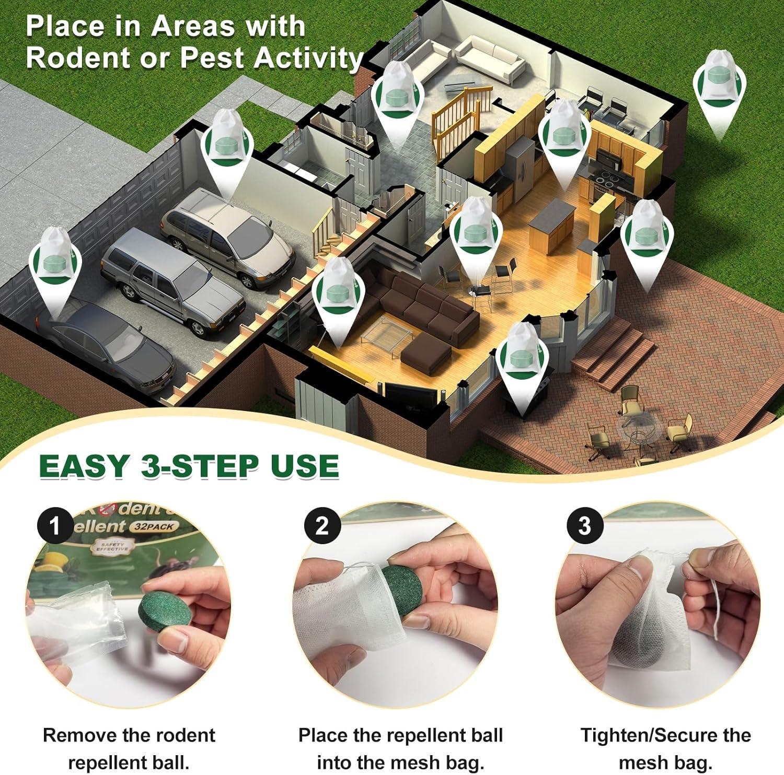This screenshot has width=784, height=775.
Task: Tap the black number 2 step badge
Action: point(322,525)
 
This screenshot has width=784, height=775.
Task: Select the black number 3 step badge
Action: point(585,525)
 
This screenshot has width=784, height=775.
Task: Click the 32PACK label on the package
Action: point(155,526)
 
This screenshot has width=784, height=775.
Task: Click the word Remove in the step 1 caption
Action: point(73,735)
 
